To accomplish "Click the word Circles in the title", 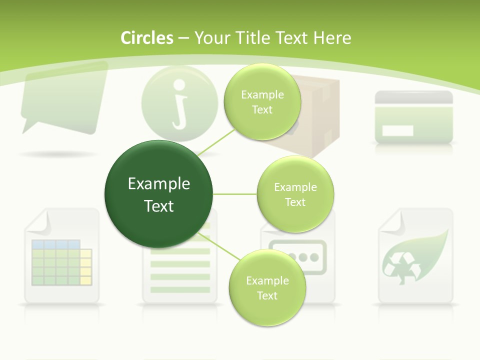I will click(x=146, y=38).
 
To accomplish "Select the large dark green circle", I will click(x=159, y=194).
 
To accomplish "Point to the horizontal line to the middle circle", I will click(x=235, y=194).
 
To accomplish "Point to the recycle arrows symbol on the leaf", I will click(x=398, y=267).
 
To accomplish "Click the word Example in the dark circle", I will click(x=159, y=184).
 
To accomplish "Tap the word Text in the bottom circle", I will click(x=267, y=295).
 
